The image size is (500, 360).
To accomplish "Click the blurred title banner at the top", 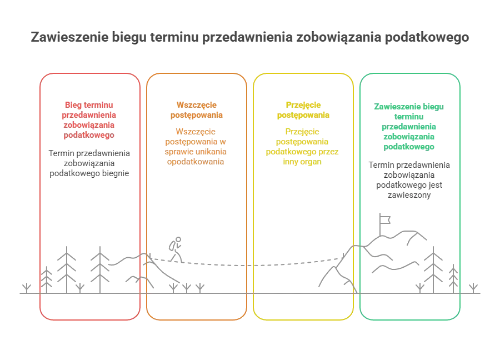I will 251,38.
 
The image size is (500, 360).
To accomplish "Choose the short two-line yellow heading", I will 304,110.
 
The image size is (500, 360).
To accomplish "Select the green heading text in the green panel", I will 411,126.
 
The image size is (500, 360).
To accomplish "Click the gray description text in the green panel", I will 411,179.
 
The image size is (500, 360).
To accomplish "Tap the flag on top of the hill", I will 383,218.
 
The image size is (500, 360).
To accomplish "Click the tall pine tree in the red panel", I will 67,266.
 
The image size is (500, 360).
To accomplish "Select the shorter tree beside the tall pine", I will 100,266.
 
